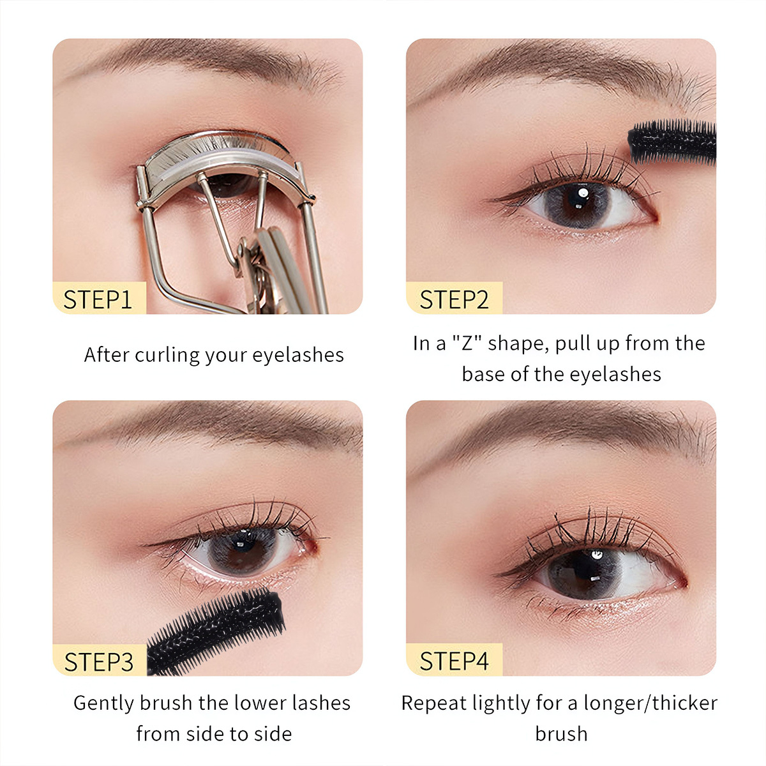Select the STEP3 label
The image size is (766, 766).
99,662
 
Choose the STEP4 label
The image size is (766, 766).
453,661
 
